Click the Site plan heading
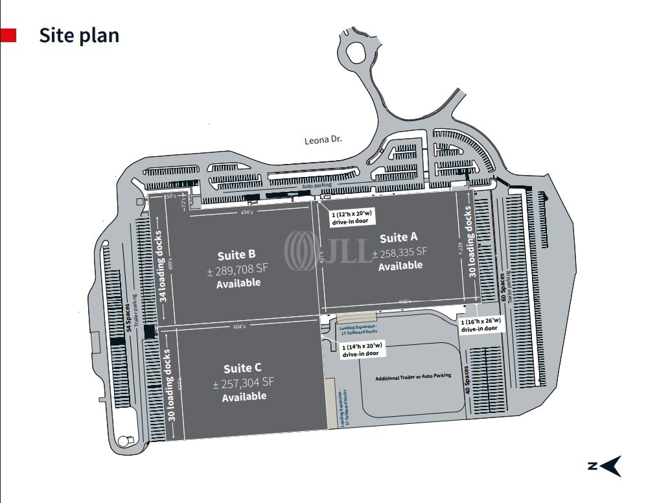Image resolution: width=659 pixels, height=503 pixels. coord(79,35)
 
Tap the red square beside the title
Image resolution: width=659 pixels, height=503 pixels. coord(8,35)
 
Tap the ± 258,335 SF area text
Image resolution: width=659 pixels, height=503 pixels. coord(400,251)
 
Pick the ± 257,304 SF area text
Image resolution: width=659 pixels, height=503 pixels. coord(244,382)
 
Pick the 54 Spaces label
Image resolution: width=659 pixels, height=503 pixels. coord(128,317)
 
